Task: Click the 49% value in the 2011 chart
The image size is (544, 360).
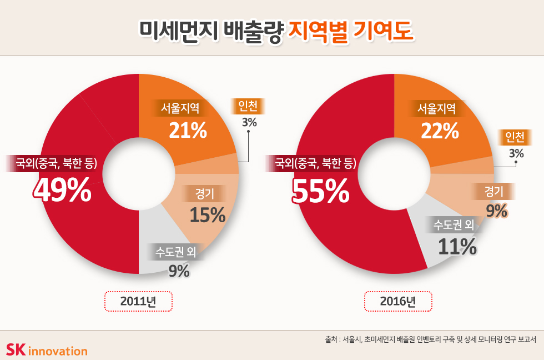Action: [x=62, y=190]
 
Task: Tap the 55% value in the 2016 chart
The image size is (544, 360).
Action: [x=320, y=192]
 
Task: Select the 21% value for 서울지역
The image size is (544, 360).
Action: [x=188, y=131]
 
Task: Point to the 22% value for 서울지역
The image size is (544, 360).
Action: [x=440, y=131]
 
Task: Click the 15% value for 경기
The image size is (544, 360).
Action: [x=207, y=214]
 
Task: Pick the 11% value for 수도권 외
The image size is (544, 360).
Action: [x=457, y=246]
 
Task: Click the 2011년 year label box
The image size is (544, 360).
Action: [x=138, y=302]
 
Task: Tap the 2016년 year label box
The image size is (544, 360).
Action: [x=397, y=302]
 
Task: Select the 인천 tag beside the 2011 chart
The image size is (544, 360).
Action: [x=248, y=106]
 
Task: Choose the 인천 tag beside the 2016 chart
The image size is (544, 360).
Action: [x=515, y=137]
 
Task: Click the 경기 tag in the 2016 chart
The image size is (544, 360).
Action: [x=493, y=192]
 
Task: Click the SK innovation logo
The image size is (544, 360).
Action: [x=47, y=350]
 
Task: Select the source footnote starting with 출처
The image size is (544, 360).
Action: [x=431, y=339]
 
